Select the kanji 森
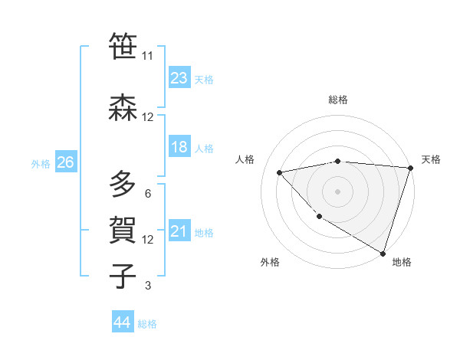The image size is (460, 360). pos(123,108)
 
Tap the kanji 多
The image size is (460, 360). pos(123,185)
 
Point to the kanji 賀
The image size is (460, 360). pos(123,230)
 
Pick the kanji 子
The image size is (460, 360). pos(123,276)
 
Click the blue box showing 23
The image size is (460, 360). pos(179,78)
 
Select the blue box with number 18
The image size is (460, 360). pos(179,147)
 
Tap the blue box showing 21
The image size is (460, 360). pos(179,231)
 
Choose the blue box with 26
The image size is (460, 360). pos(65,162)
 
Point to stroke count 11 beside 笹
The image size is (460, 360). pos(147,56)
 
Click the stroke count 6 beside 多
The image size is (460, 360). pos(147,193)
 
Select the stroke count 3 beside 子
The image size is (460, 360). pos(147,286)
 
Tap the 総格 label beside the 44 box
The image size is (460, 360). pos(147,324)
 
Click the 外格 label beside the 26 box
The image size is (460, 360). pos(41,163)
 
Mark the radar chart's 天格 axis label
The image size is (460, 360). pos(432,159)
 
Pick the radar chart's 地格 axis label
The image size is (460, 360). pos(402,262)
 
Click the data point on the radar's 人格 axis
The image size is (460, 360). pos(280,172)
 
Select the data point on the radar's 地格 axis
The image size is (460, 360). pos(383,253)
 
